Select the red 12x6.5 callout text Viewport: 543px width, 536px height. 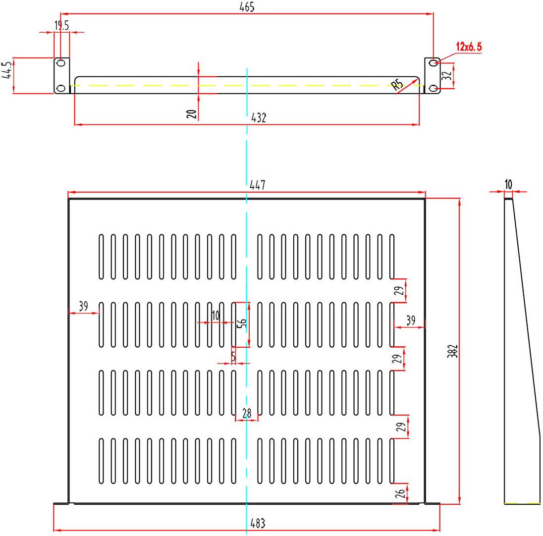pyautogui.click(x=469, y=47)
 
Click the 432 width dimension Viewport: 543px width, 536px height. pyautogui.click(x=259, y=118)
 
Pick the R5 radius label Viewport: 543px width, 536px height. pyautogui.click(x=398, y=85)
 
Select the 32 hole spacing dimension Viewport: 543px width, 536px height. pyautogui.click(x=447, y=76)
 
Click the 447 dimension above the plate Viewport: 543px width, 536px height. pyautogui.click(x=257, y=185)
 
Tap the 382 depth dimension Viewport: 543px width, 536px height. pyautogui.click(x=454, y=351)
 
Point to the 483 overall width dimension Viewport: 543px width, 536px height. pyautogui.click(x=258, y=523)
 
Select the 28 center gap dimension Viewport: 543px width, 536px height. pyautogui.click(x=247, y=413)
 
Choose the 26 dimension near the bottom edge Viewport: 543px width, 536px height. pyautogui.click(x=401, y=493)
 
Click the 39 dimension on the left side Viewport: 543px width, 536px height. pyautogui.click(x=83, y=306)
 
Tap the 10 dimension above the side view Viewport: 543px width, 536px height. pyautogui.click(x=508, y=185)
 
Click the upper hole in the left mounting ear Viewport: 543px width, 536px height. pyautogui.click(x=61, y=63)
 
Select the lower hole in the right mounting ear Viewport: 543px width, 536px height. pyautogui.click(x=434, y=88)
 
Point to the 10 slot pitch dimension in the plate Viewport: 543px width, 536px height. pyautogui.click(x=215, y=316)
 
